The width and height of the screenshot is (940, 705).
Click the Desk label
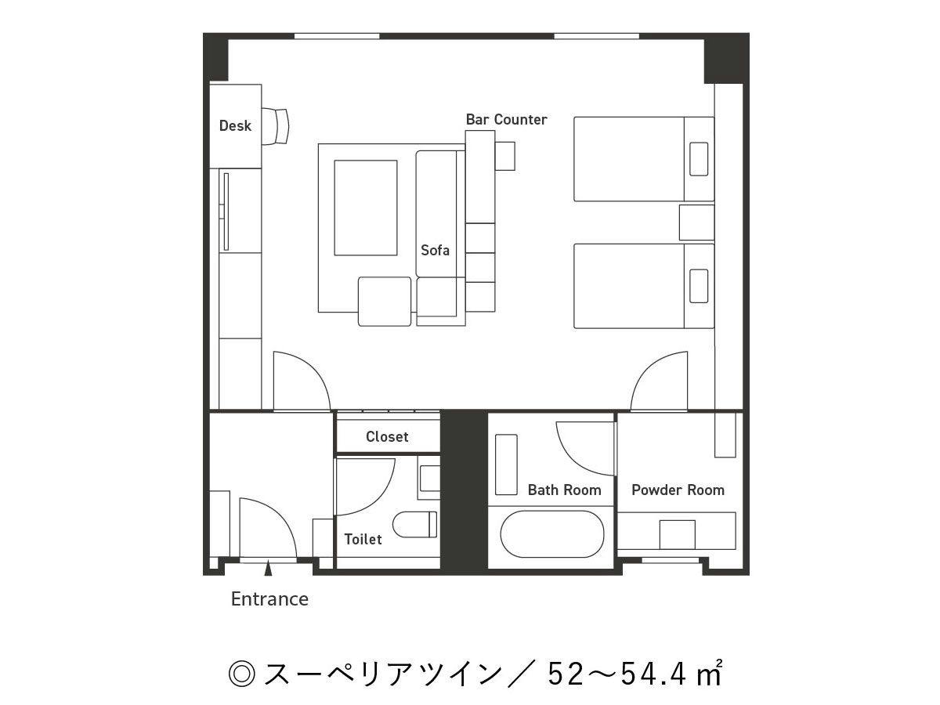click(235, 125)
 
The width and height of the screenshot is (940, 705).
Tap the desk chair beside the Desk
click(276, 126)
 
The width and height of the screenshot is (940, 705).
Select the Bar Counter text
click(506, 119)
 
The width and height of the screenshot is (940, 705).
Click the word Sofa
click(435, 250)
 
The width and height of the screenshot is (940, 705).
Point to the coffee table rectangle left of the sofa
click(365, 208)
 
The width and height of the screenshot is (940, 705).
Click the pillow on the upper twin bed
click(699, 159)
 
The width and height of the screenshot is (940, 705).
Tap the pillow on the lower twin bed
click(699, 286)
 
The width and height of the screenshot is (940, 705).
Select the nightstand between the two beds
click(696, 222)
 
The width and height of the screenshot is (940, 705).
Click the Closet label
click(387, 436)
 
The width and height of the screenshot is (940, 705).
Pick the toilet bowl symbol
click(414, 524)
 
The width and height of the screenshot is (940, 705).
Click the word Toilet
click(363, 540)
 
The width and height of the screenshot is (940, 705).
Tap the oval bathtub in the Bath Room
click(552, 534)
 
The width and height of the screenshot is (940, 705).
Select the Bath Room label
click(565, 490)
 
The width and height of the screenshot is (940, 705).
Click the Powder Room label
click(678, 490)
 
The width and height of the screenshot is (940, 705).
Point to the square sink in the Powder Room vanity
click(677, 535)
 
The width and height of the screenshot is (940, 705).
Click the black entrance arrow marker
click(268, 569)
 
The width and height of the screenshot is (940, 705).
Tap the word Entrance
click(269, 598)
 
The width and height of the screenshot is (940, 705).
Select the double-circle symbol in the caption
click(242, 674)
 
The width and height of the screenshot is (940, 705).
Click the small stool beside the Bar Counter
click(505, 156)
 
